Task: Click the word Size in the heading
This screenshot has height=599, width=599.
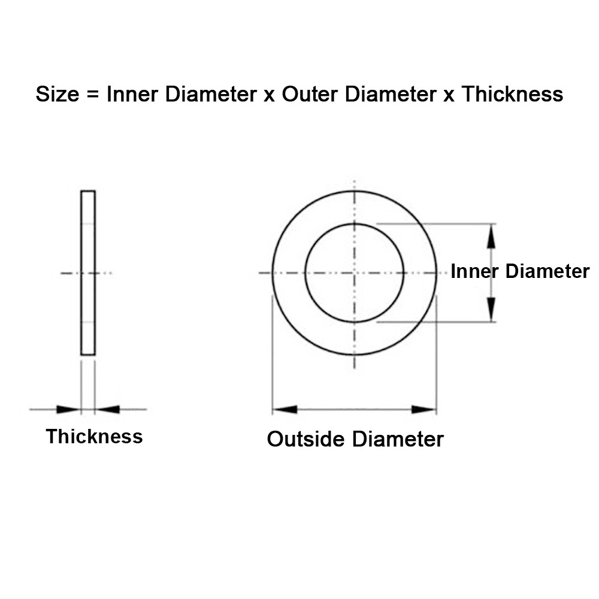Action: point(58,94)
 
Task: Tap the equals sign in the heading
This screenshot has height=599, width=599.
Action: point(93,95)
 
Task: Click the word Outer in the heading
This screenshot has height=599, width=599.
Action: point(310,94)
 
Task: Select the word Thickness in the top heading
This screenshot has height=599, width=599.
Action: point(512,94)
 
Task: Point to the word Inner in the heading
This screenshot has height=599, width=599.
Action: point(132,94)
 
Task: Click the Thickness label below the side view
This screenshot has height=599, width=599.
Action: point(95,436)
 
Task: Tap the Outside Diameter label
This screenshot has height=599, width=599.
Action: point(355,439)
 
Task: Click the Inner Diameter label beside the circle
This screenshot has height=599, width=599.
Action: point(520,271)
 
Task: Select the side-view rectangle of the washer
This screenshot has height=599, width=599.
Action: point(88,273)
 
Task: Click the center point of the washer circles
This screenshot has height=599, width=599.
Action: point(355,273)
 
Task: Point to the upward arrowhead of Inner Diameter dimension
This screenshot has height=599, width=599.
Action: point(491,236)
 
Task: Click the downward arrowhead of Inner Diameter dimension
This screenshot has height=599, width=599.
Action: point(491,310)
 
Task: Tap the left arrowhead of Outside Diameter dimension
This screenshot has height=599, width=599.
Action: point(285,410)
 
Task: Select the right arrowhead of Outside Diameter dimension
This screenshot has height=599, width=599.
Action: point(423,410)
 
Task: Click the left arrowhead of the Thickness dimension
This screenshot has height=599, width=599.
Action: point(69,410)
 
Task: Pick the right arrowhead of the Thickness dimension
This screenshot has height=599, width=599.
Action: point(107,410)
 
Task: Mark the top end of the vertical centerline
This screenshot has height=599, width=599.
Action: point(355,180)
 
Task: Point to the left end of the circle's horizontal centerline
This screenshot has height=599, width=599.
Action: point(259,273)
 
